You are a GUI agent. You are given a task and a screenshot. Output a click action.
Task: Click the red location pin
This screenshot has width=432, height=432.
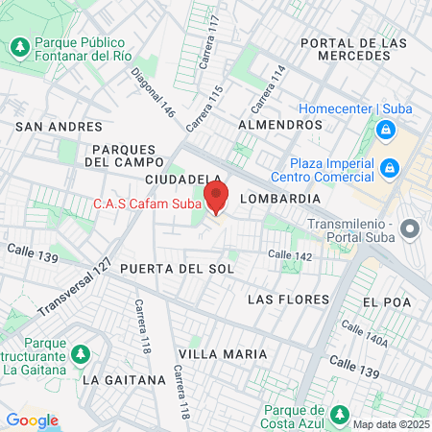217,198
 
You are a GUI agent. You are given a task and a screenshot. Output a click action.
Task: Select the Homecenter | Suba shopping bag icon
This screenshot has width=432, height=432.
385,129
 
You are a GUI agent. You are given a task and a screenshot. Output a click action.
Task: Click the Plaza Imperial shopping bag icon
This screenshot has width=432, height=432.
389,169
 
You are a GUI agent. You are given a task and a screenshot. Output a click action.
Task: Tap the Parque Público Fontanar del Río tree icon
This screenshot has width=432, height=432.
19,46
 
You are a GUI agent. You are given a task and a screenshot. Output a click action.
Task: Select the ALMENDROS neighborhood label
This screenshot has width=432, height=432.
279,125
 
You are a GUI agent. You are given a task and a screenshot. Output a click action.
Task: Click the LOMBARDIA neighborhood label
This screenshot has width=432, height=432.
279,198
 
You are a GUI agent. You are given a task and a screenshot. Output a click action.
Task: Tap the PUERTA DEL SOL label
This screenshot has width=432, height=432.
178,269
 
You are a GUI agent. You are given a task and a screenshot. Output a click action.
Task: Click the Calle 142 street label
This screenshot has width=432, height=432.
290,255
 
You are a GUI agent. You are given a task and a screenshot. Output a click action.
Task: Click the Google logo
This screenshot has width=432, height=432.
32,420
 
